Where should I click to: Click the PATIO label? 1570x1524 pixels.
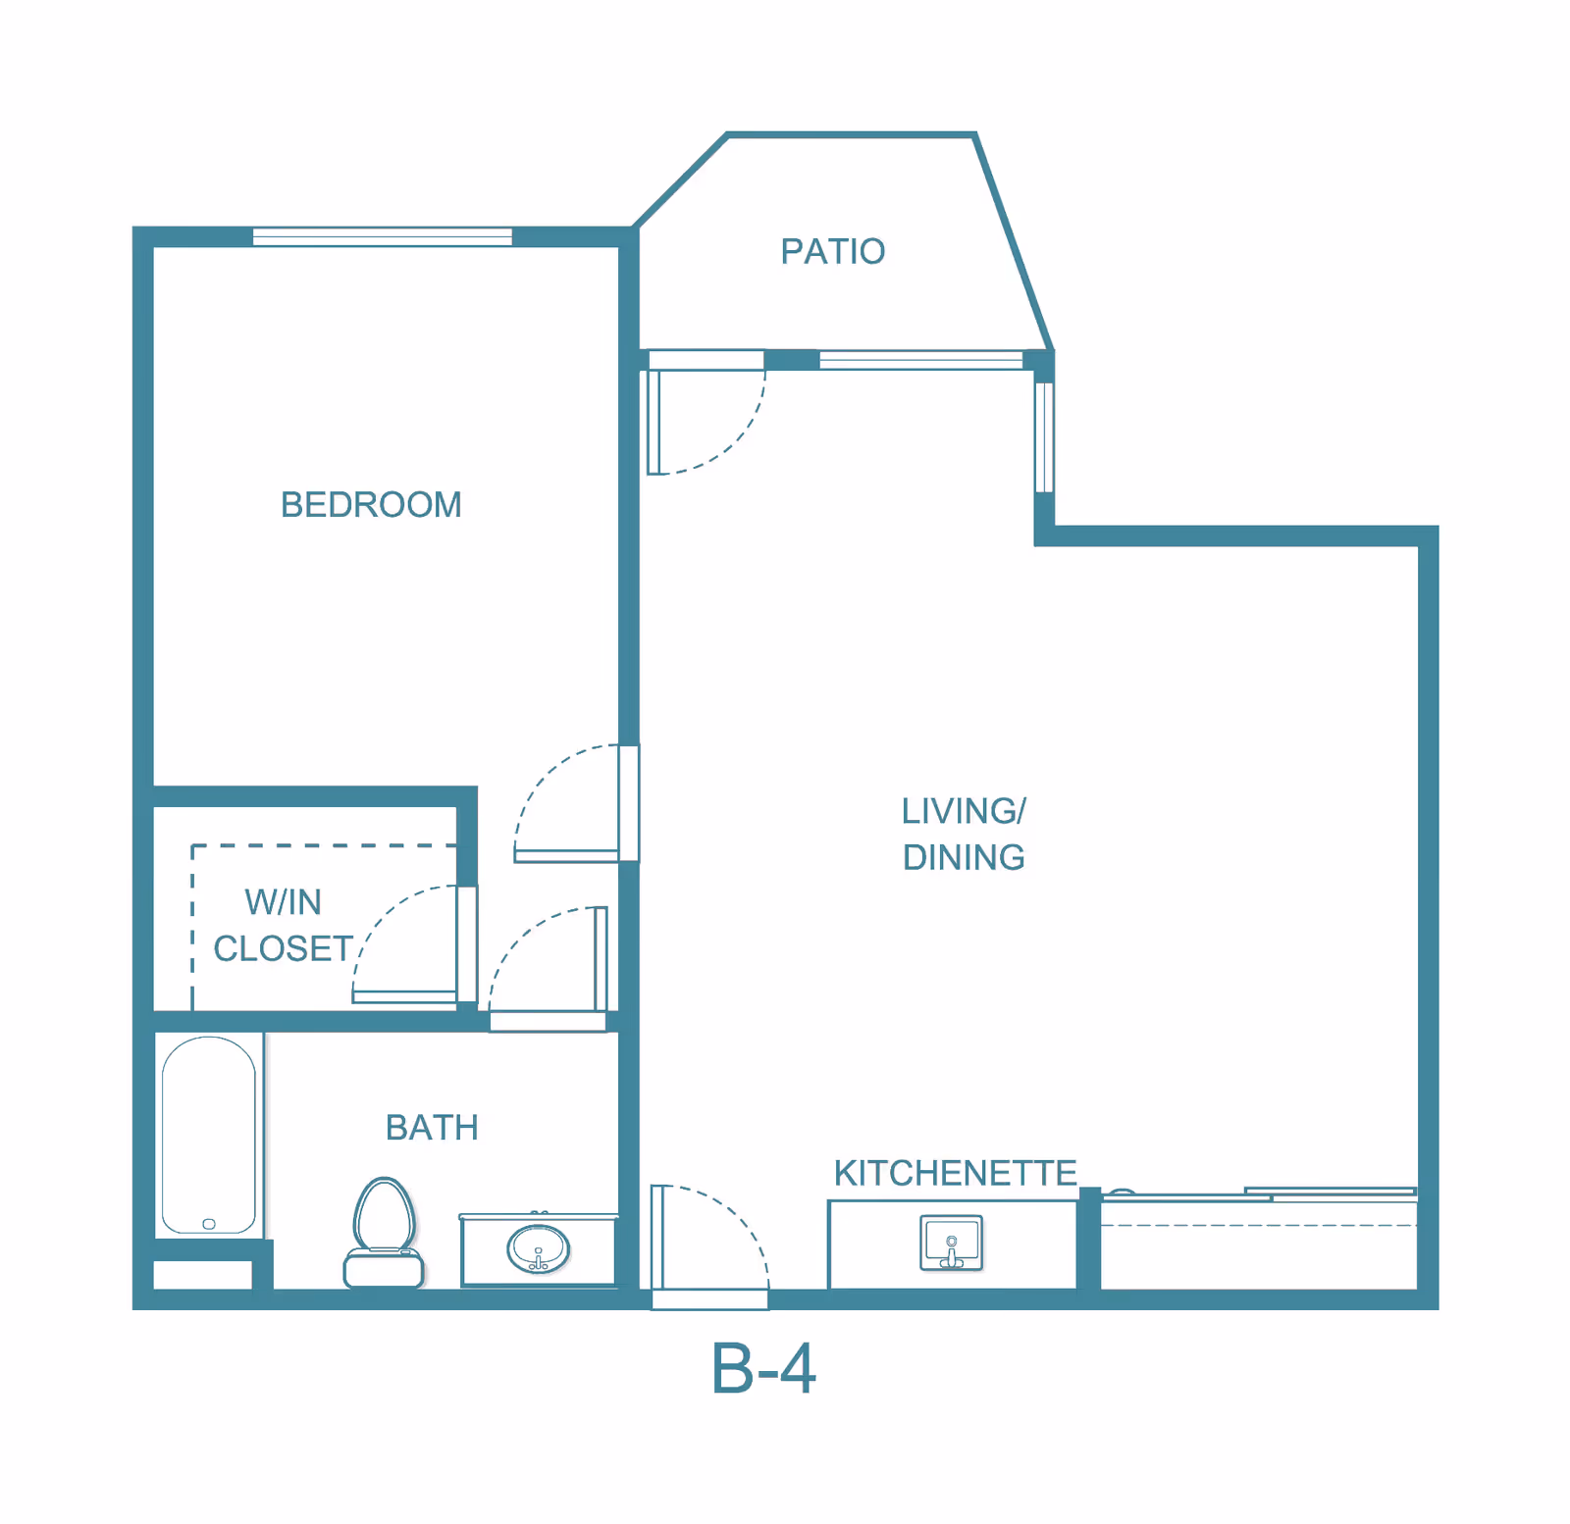coord(832,252)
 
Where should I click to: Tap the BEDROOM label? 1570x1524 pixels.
coord(371,505)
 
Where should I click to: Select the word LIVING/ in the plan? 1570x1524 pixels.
coord(964,811)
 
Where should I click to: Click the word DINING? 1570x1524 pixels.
coord(964,858)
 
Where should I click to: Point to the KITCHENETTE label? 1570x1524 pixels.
coord(955,1173)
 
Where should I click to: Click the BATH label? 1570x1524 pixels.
coord(432,1128)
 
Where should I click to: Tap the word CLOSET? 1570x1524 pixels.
coord(284,949)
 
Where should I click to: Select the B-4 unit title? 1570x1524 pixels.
coord(763,1369)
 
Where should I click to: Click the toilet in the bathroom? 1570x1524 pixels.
coord(384,1233)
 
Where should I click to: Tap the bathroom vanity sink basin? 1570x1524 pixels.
coord(538,1249)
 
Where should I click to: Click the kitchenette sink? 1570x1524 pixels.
coord(951,1243)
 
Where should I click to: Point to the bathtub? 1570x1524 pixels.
coord(208,1136)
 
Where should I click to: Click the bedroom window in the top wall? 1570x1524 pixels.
coord(382,236)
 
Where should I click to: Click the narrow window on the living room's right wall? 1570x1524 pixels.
coord(1044,437)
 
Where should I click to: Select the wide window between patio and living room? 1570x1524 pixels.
coord(920,360)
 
